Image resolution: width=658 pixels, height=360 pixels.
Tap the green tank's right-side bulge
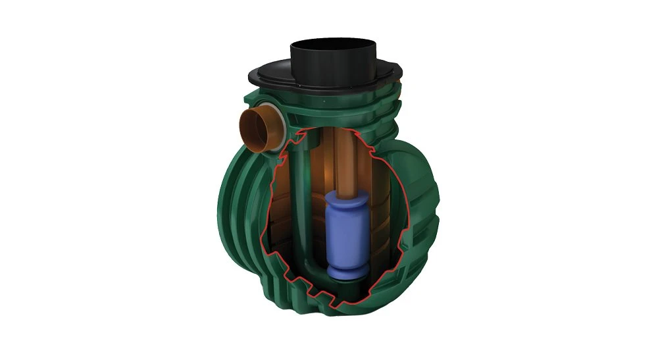point(428,197)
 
